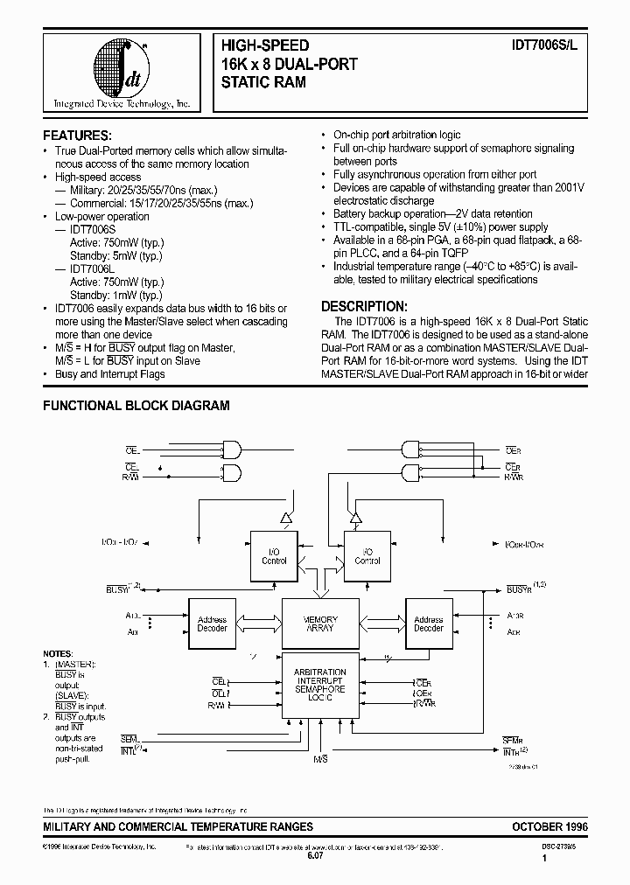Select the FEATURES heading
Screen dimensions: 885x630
click(78, 136)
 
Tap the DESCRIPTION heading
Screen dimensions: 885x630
click(363, 307)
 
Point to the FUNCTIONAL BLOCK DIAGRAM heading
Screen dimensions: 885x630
click(136, 406)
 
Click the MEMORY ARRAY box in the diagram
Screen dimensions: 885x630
click(321, 624)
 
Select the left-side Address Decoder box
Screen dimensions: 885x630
click(212, 624)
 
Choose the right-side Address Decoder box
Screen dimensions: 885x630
click(429, 624)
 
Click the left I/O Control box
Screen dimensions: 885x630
click(274, 555)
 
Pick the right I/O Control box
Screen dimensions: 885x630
click(367, 555)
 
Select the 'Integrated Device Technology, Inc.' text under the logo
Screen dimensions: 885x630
click(122, 104)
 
